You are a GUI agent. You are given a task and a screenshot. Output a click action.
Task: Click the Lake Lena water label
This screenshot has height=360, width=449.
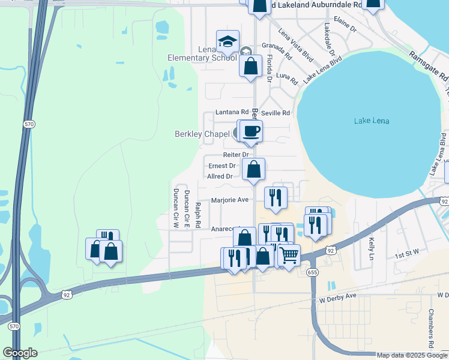coord(371,121)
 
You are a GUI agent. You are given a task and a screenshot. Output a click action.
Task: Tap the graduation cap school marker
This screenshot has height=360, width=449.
coord(228,41)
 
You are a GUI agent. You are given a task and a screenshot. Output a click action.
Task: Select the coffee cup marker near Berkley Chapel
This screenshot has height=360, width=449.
coord(252,131)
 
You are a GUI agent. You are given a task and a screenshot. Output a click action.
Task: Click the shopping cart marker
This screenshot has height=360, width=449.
coord(289,256)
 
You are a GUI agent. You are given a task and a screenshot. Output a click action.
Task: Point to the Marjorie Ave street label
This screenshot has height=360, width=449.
coord(230,200)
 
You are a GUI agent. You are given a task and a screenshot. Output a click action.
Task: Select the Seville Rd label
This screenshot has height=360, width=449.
coord(276,113)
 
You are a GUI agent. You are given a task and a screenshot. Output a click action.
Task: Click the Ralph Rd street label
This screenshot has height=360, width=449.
coord(197,215)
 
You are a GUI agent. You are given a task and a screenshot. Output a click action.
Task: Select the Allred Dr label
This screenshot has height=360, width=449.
coord(219,176)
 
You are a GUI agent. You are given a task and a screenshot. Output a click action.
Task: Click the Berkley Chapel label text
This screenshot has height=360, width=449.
coord(202,134)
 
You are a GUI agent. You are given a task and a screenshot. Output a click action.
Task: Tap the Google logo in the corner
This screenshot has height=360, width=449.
coord(20,353)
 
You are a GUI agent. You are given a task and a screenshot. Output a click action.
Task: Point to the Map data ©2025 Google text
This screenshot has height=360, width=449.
coord(412,355)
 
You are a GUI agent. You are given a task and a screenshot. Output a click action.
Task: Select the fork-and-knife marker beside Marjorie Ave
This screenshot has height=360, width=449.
coord(276,197)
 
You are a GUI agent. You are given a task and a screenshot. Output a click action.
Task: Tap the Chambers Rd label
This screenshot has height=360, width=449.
coord(430,329)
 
